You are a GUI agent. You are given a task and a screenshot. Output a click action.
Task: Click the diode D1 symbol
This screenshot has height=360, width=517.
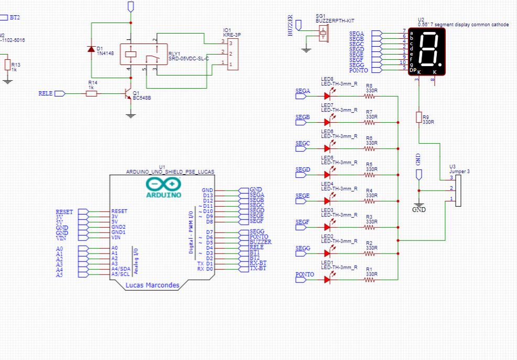92,49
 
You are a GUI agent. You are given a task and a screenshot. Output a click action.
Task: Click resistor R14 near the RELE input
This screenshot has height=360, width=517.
92,93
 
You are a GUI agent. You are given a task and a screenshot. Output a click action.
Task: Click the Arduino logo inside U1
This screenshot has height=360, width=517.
164,187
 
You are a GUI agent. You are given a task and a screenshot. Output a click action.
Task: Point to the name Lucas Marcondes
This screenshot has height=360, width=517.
153,285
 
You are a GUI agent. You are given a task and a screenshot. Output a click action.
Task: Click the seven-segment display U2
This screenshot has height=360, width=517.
427,51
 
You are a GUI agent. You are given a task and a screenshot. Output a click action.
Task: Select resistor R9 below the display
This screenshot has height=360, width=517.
419,117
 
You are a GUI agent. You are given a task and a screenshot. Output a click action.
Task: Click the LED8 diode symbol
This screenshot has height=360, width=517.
328,96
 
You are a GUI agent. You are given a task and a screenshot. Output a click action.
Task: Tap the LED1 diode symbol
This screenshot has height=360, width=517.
328,280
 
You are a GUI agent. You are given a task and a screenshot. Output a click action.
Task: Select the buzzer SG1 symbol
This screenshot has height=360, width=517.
323,35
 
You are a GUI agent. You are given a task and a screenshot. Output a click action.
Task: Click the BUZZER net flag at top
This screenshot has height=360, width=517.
298,24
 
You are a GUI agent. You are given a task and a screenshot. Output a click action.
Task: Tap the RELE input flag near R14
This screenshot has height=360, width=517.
59,93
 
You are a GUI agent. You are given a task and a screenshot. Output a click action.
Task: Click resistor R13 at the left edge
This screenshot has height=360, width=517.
7,65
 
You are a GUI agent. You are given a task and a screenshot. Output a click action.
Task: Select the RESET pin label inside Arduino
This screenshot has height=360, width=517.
119,211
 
